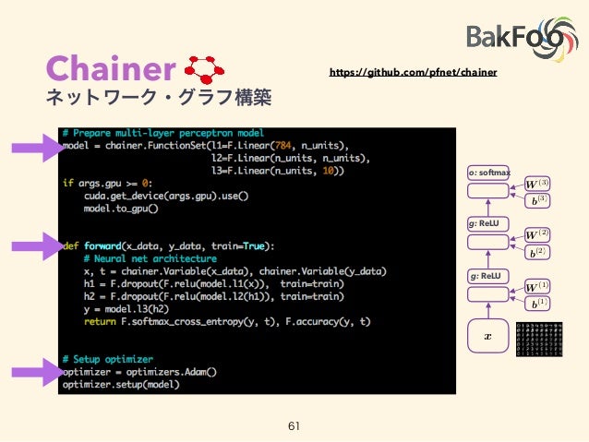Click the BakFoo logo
pos(521,35)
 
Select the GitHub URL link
pos(414,71)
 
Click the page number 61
pos(294,425)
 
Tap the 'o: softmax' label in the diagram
pos(489,173)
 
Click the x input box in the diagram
pos(488,337)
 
